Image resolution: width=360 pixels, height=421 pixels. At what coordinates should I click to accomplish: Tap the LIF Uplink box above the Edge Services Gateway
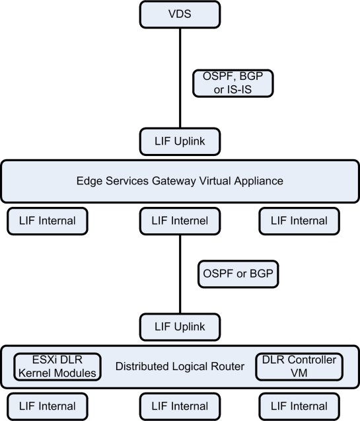pos(180,141)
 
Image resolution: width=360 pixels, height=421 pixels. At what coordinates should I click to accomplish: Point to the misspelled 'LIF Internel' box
pos(180,220)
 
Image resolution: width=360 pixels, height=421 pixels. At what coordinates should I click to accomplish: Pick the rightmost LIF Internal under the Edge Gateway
pos(299,220)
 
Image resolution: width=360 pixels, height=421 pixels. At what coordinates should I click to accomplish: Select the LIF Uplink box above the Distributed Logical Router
pos(180,326)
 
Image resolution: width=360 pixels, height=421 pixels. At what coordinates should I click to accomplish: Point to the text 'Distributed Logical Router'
pos(178,365)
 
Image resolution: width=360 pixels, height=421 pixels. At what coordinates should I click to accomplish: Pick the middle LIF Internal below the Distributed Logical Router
pos(180,406)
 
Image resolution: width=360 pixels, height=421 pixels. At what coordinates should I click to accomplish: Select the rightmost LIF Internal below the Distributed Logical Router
pos(299,406)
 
